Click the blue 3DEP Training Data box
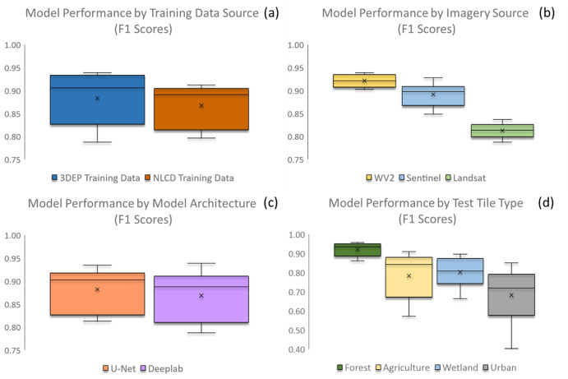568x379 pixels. tap(98, 99)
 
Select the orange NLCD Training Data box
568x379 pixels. tap(201, 109)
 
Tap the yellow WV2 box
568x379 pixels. tap(364, 81)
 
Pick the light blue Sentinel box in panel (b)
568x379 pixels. tap(433, 96)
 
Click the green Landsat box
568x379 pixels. tap(502, 131)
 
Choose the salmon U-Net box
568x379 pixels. tap(98, 293)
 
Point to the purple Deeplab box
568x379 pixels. tap(201, 299)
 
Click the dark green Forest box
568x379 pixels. tap(358, 250)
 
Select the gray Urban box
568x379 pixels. tap(511, 294)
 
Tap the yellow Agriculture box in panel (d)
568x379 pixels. tap(409, 277)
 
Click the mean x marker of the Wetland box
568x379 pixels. tap(460, 272)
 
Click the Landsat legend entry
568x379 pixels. tap(465, 178)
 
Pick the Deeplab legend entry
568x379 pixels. tap(162, 368)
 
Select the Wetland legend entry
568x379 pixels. tap(456, 367)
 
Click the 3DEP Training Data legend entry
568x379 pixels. tap(95, 178)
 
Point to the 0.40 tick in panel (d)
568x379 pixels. tap(297, 349)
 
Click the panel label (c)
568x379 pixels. tap(271, 202)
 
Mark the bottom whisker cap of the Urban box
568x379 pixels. tap(511, 349)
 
